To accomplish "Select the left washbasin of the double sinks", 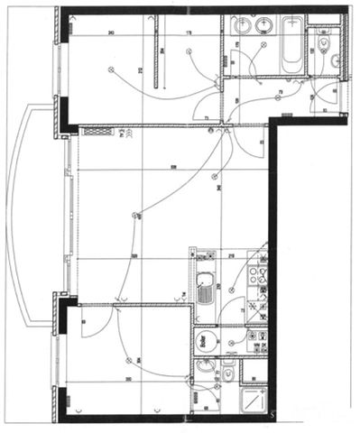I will [x=242, y=25].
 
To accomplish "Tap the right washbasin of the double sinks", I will [x=263, y=25].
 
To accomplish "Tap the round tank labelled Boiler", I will [x=205, y=341].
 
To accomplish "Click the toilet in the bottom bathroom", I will [x=229, y=371].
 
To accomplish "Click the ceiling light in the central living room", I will [x=136, y=215].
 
